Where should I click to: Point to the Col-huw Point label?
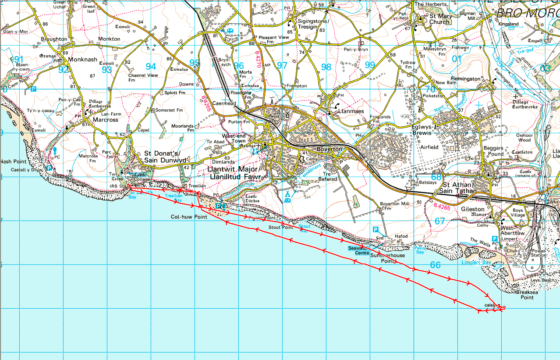click(x=189, y=217)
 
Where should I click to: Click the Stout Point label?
click(x=281, y=228)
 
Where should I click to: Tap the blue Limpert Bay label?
click(x=476, y=262)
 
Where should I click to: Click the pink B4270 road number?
click(x=258, y=58)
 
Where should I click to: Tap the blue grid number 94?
click(x=151, y=66)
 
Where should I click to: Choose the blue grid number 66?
click(x=435, y=265)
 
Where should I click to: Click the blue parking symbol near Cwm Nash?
click(x=34, y=89)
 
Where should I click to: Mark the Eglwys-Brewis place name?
click(x=425, y=130)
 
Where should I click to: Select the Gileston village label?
click(x=473, y=209)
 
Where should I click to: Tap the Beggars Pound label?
click(x=493, y=151)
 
